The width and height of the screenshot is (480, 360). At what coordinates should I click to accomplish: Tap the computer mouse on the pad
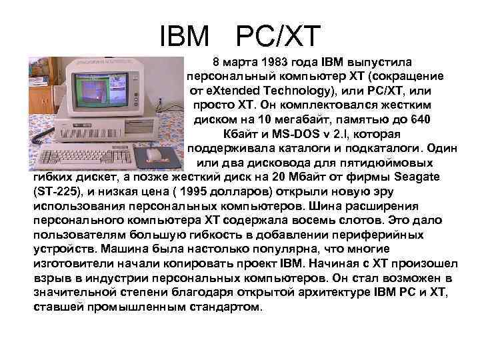point(154,155)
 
